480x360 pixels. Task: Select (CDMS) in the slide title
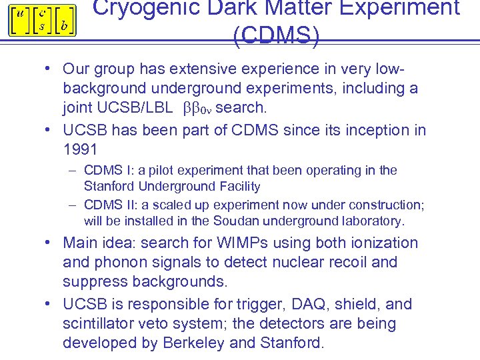coord(276,35)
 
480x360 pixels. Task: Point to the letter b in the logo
coord(63,26)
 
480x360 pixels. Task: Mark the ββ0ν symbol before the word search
coord(197,107)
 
